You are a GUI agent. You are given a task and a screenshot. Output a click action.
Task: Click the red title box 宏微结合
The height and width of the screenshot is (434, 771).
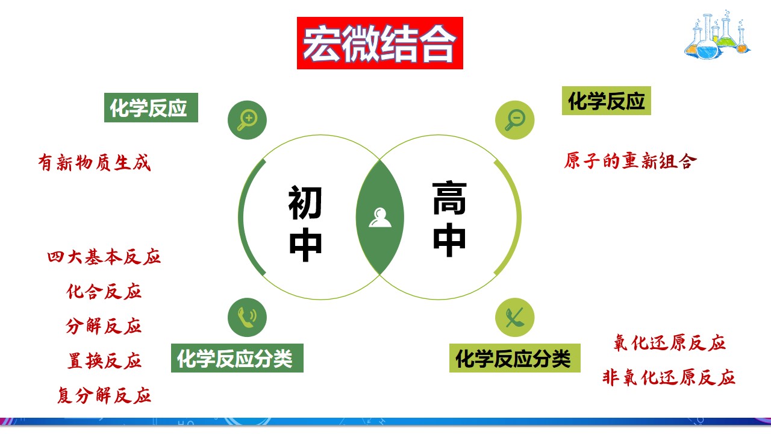pos(380,43)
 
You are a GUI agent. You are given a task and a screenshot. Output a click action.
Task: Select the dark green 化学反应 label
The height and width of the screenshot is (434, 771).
pos(151,108)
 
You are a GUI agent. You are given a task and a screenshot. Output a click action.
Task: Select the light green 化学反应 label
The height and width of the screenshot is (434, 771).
pos(607,101)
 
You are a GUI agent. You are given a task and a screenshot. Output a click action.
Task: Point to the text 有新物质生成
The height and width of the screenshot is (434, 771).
pos(94,163)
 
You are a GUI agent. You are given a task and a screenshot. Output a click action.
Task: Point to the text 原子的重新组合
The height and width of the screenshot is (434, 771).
pos(631,162)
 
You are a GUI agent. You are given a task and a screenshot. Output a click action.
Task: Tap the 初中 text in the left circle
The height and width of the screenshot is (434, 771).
pos(305,224)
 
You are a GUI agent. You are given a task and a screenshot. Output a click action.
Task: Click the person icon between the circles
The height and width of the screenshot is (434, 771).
pos(380,217)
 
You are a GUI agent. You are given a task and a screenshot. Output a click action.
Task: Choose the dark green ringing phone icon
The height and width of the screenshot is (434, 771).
pos(247,317)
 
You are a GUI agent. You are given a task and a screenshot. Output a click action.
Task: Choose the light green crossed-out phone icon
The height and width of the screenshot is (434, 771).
pos(514,317)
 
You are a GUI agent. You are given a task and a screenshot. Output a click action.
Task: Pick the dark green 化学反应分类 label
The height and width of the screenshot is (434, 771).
pos(237,359)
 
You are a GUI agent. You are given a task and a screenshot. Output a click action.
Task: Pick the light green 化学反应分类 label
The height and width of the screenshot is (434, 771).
pos(514,359)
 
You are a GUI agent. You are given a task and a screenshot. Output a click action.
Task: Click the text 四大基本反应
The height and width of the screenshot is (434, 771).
pos(104,257)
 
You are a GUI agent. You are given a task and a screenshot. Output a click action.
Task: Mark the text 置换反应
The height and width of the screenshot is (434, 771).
pos(104,361)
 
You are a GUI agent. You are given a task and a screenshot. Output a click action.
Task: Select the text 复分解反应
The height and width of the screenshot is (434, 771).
pos(104,395)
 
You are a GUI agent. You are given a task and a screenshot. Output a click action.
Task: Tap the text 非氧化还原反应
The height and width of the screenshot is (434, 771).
pos(669,378)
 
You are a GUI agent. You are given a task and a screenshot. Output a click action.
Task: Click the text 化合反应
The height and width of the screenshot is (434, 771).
pos(104,292)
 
